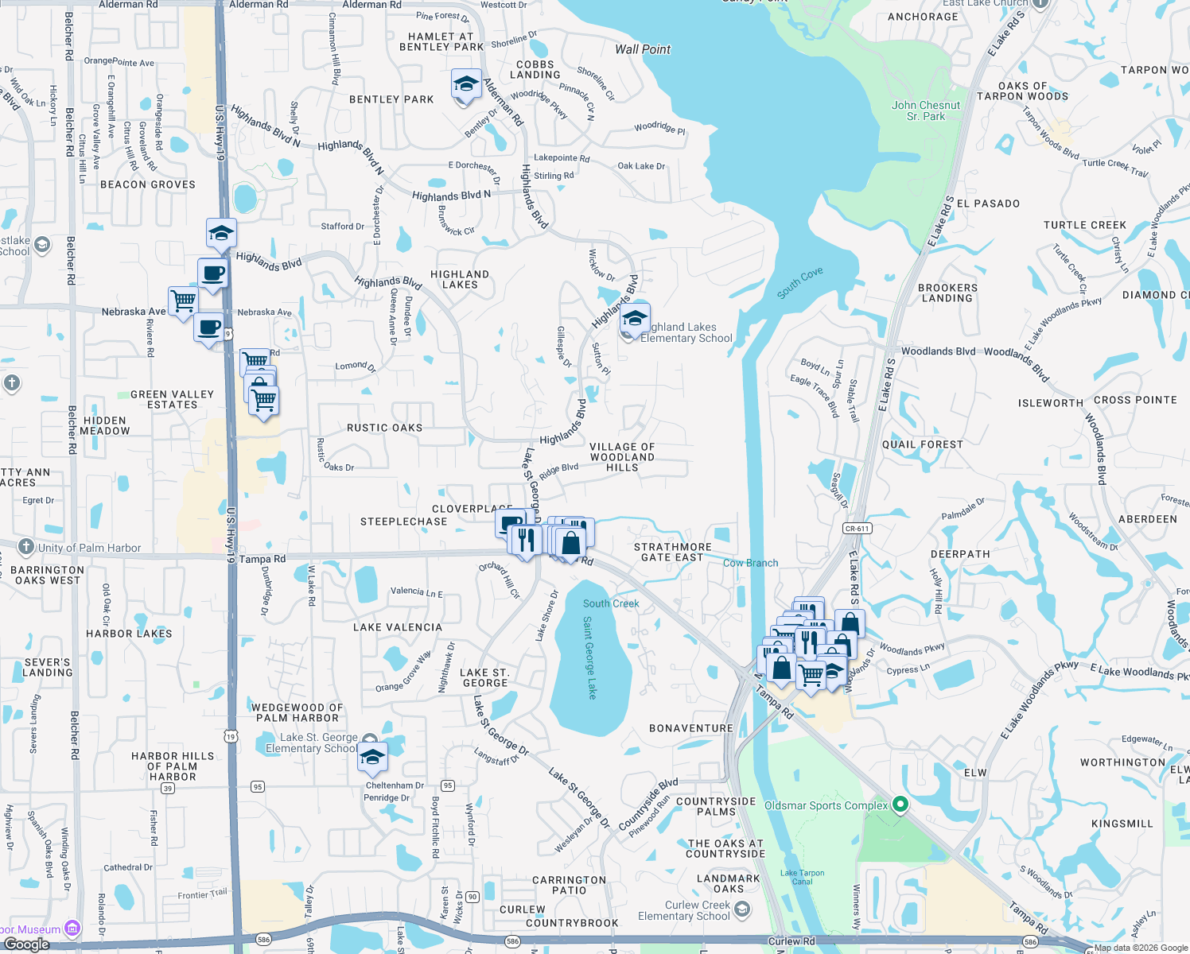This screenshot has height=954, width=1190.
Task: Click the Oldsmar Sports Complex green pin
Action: pyautogui.click(x=900, y=805)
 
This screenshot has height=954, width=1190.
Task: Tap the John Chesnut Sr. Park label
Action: pyautogui.click(x=926, y=111)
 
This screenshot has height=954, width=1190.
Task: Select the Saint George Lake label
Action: pyautogui.click(x=589, y=657)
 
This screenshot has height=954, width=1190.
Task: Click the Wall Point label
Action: pyautogui.click(x=643, y=49)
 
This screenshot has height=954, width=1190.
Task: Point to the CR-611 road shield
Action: pyautogui.click(x=857, y=529)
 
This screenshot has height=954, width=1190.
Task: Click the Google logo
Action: pyautogui.click(x=26, y=944)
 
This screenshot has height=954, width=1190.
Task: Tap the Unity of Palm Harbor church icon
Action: pyautogui.click(x=25, y=547)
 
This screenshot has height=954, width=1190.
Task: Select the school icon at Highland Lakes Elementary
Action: pyautogui.click(x=635, y=318)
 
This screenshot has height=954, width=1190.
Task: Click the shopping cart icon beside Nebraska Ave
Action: pyautogui.click(x=184, y=301)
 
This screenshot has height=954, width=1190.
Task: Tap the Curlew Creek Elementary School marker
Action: pyautogui.click(x=741, y=910)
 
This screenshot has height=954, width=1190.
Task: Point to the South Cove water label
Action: pyautogui.click(x=799, y=283)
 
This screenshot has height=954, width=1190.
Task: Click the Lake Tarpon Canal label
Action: pyautogui.click(x=802, y=877)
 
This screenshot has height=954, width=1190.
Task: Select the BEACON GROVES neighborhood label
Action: pyautogui.click(x=148, y=184)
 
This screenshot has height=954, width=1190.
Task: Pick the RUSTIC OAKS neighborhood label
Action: pyautogui.click(x=384, y=428)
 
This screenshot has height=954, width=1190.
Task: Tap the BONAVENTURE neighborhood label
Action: pyautogui.click(x=690, y=728)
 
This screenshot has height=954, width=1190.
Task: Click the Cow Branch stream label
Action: pyautogui.click(x=750, y=563)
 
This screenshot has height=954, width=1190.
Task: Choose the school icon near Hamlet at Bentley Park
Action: pyautogui.click(x=465, y=83)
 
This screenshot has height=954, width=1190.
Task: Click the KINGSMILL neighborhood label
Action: pyautogui.click(x=1122, y=824)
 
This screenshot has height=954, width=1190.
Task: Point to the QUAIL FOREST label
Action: pyautogui.click(x=922, y=444)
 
